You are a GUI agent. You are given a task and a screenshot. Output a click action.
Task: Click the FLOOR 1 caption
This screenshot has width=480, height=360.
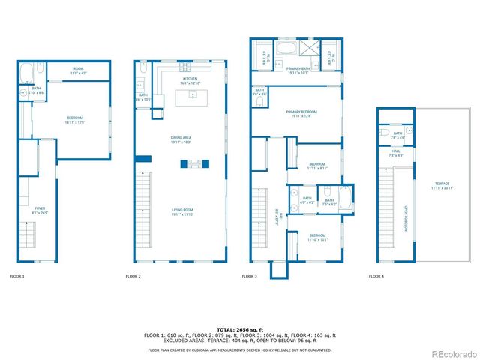(16, 277)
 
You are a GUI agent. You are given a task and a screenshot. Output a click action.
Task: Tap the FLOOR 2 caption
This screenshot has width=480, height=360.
(133, 277)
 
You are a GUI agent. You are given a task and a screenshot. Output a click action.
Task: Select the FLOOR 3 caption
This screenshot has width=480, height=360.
(249, 277)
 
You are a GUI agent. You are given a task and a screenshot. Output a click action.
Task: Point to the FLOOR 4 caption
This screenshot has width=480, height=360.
(376, 277)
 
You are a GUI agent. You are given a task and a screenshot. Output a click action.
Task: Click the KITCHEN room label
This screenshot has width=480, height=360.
(190, 79)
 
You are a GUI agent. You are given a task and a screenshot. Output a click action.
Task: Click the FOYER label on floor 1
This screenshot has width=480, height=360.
(39, 210)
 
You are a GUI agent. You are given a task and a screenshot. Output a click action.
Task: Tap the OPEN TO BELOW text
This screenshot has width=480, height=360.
(406, 219)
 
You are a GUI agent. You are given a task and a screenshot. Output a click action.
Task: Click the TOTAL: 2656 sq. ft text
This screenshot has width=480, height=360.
(240, 330)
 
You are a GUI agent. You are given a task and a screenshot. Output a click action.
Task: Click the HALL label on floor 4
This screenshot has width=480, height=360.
(396, 152)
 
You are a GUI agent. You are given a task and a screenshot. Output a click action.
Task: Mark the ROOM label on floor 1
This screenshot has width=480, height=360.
(78, 69)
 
